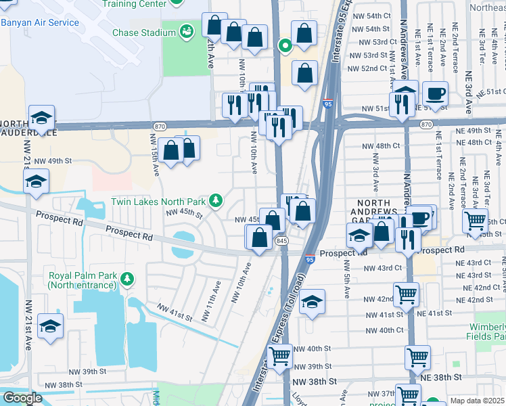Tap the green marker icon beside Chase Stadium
tap(187, 30)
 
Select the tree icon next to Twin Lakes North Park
tap(215, 200)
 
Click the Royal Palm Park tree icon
tap(126, 277)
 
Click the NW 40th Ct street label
tap(384, 330)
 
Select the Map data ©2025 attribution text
tap(477, 401)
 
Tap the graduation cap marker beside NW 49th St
tap(37, 181)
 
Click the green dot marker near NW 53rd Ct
tap(285, 46)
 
